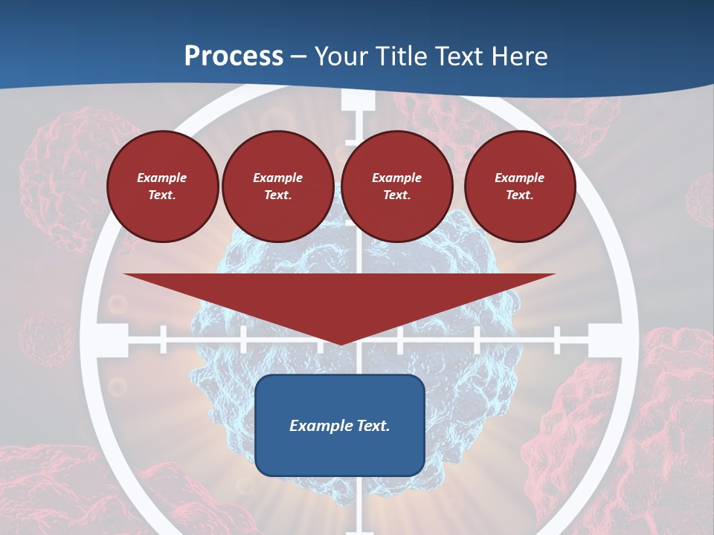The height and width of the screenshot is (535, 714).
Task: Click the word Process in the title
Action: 234,56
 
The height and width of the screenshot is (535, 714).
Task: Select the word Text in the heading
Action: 458,56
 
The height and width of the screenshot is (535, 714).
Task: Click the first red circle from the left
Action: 162,186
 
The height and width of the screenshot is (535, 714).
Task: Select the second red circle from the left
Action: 277,186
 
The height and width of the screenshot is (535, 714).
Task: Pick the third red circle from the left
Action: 396,186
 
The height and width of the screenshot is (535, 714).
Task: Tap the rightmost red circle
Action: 519,186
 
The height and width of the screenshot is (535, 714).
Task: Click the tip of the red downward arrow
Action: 340,343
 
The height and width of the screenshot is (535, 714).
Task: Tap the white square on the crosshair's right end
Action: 604,340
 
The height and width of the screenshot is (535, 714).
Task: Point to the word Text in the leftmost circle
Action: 162,195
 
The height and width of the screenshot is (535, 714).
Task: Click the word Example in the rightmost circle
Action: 519,178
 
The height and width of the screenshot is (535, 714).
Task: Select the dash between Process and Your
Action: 299,57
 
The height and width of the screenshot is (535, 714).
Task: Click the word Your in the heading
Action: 342,56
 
